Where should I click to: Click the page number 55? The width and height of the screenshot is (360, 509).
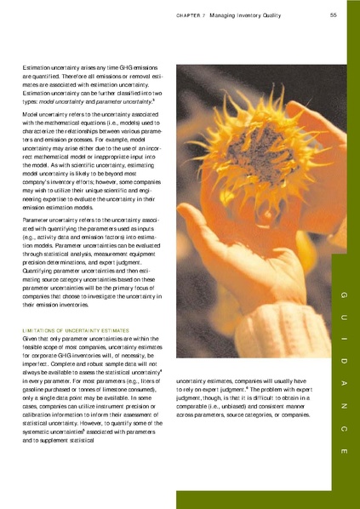(334, 14)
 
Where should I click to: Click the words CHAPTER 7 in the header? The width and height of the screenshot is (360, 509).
(192, 15)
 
